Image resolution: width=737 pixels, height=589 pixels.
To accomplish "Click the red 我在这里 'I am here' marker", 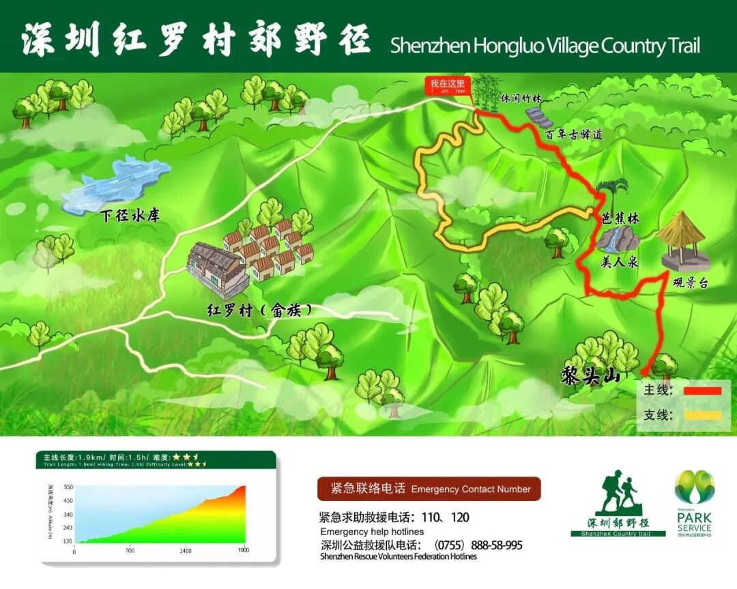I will coord(447,87).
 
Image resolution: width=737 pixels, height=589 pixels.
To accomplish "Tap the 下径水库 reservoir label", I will coord(130,216).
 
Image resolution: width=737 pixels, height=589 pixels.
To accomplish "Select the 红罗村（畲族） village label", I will coord(261,310).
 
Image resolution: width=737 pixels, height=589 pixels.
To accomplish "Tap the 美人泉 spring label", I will coord(620,261).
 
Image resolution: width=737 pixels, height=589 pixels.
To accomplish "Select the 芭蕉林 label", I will coord(620,219).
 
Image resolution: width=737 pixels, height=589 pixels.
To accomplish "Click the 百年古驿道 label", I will coord(574,134).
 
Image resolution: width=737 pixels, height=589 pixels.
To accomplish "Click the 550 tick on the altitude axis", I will coord(68,487).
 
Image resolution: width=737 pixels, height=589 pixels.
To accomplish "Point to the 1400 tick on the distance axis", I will coord(186,551).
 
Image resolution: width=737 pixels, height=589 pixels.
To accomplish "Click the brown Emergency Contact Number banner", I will coord(429,489).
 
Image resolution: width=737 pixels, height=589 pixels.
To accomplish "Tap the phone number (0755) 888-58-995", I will coord(478,545).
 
